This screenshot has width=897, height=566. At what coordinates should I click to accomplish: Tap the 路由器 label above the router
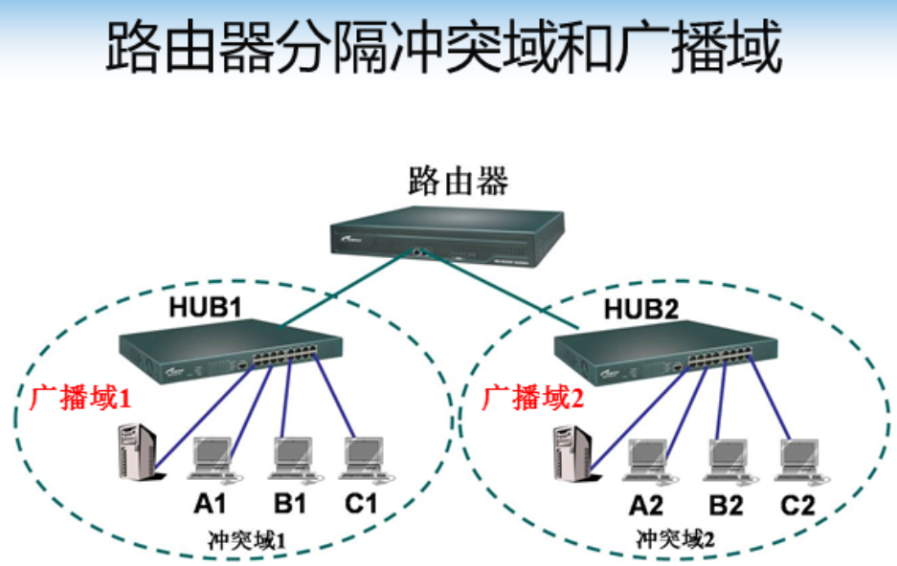[x=458, y=179]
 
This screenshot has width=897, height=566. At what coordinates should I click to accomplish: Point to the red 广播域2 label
[x=531, y=398]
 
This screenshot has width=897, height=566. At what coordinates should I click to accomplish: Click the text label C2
[x=796, y=505]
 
